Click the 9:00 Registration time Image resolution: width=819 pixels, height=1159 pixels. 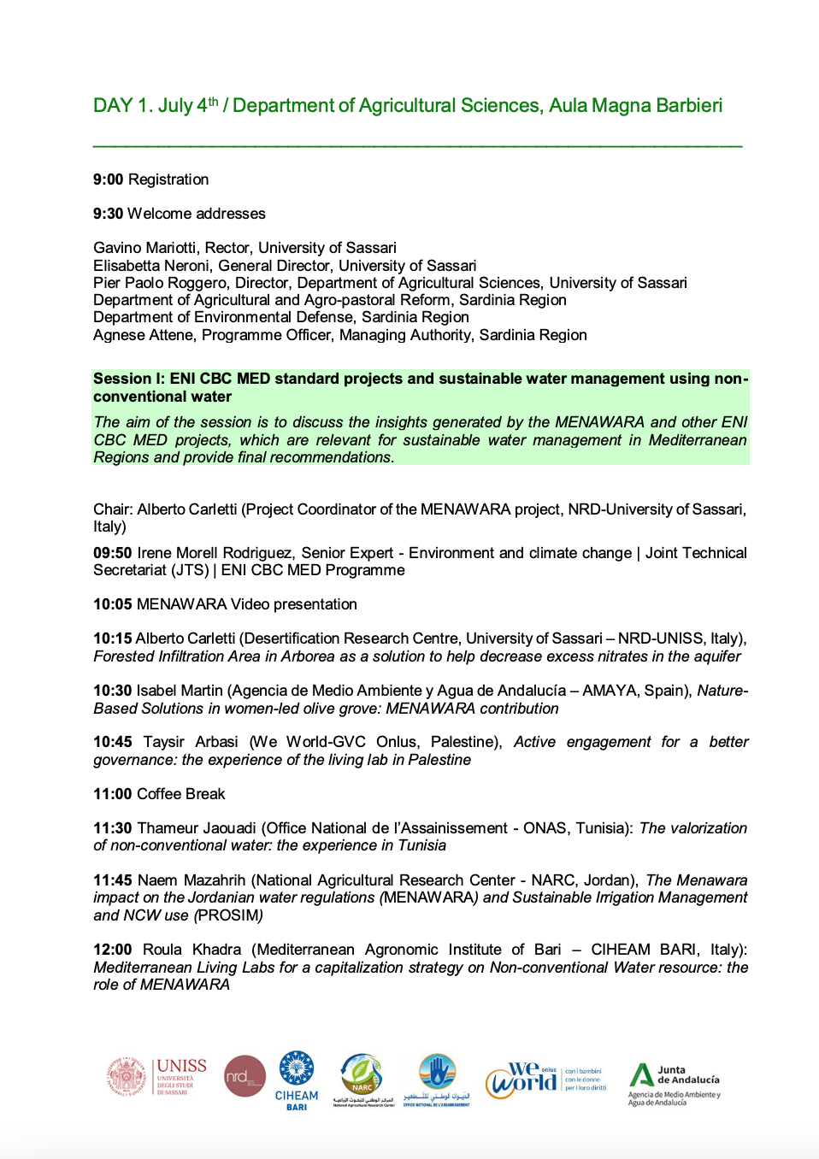109,179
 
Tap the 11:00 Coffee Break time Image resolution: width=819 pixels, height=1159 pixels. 112,794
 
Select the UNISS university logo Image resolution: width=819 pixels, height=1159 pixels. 157,1077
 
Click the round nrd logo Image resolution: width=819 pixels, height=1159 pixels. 245,1077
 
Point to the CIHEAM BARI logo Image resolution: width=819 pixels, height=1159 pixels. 297,1080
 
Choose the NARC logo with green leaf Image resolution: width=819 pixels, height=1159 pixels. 363,1079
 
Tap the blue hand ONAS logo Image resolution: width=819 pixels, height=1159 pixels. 437,1079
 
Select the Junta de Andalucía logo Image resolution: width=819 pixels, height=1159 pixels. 675,1084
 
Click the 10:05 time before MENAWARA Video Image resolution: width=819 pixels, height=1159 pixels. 112,604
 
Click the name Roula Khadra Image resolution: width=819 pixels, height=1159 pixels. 191,950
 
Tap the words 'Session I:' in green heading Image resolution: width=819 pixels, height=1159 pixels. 128,379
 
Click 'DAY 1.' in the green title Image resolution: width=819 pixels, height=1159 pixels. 123,105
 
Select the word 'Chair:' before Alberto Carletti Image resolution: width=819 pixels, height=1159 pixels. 113,509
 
